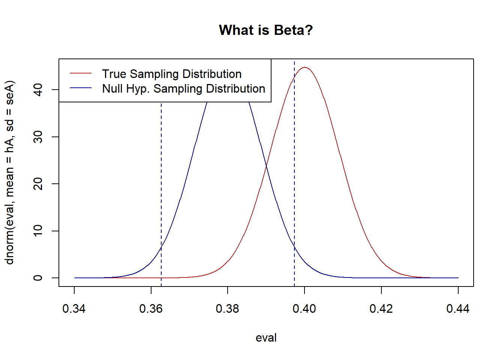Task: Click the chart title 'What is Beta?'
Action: [265, 30]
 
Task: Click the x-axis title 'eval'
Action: [266, 337]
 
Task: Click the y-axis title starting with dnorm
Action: [10, 172]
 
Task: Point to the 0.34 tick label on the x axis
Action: [74, 309]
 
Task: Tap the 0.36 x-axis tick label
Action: [151, 309]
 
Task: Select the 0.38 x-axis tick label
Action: [228, 309]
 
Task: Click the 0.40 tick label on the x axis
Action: [304, 309]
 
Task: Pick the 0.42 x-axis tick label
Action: [381, 309]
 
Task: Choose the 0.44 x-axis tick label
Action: [458, 309]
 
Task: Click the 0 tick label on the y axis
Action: [38, 278]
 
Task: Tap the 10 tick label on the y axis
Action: [38, 231]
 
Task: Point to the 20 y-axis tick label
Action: [38, 184]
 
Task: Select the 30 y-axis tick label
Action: [38, 137]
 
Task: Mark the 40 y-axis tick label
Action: [38, 90]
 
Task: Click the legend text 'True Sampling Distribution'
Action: [172, 74]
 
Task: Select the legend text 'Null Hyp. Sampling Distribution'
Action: [183, 88]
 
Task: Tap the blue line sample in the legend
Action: [81, 88]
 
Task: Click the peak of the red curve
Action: [305, 67]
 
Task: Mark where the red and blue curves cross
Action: [266, 165]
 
